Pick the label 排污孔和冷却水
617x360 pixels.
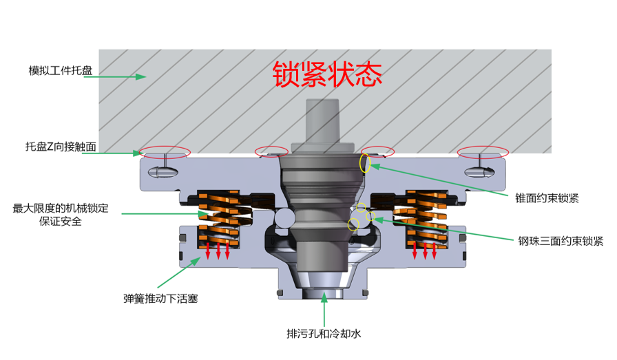coord(324,334)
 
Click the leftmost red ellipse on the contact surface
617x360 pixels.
coord(165,152)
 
